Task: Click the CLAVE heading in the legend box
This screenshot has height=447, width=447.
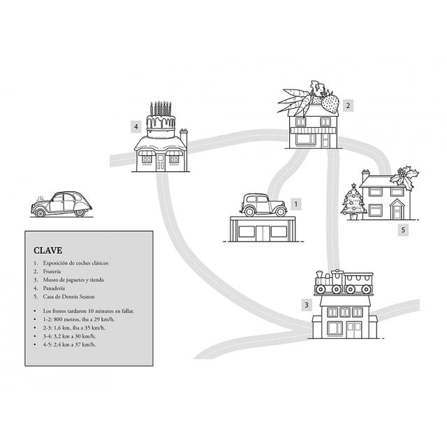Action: coord(48,250)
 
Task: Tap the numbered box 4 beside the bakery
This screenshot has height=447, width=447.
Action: coord(136,126)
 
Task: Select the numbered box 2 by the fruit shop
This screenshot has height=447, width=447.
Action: coord(348,105)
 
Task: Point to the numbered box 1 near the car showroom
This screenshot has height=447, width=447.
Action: coord(296,204)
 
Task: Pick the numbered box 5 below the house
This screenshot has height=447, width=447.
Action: coord(403,230)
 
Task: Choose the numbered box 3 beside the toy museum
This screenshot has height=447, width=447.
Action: coord(307,305)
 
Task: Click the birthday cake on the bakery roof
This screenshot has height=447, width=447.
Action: coord(161,119)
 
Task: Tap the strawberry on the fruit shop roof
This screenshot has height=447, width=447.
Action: coord(330,103)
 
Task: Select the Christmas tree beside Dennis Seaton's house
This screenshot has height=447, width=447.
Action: coord(353,202)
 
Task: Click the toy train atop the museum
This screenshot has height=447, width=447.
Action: coord(344,281)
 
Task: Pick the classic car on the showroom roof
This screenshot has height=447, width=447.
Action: coord(263,205)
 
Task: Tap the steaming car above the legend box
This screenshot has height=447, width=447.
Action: coord(61,205)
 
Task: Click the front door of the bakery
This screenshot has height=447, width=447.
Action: coord(161,163)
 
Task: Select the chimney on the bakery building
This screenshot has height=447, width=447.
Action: coord(184,138)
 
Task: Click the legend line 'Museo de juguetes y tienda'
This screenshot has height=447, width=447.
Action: coord(73,279)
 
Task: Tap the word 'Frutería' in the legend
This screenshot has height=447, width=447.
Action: coord(52,272)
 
